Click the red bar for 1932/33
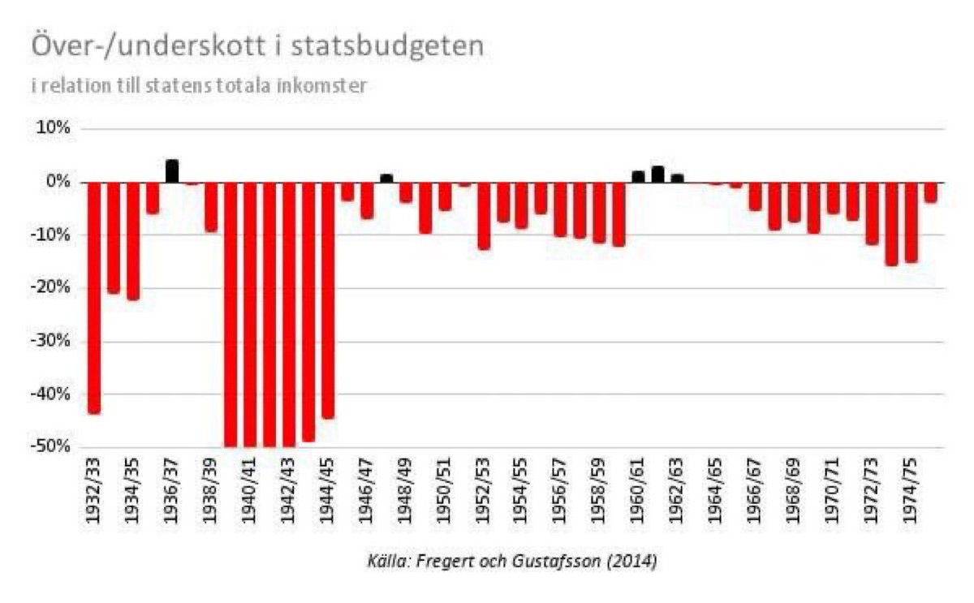[x=94, y=297]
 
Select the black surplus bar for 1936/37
[x=172, y=171]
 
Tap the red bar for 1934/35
[x=133, y=240]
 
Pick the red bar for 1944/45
[x=328, y=299]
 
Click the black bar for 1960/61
[x=639, y=177]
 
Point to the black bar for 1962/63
[x=678, y=178]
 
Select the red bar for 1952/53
[x=484, y=215]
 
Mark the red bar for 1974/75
[x=912, y=222]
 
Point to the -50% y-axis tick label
[x=51, y=447]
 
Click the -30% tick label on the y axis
[x=51, y=342]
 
